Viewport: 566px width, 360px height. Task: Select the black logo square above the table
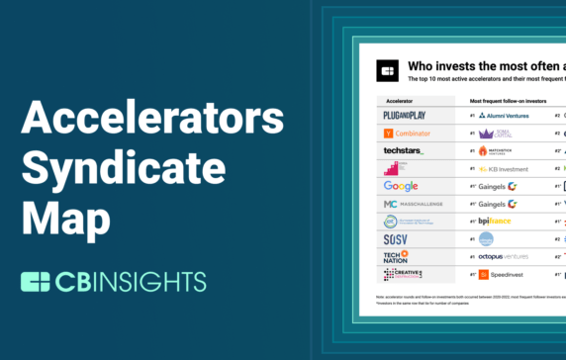click(x=387, y=71)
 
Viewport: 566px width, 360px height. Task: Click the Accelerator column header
click(x=397, y=102)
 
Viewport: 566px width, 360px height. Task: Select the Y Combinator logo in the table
click(x=402, y=134)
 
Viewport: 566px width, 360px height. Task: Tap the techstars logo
click(x=403, y=150)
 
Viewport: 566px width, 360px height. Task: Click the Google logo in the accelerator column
click(x=401, y=186)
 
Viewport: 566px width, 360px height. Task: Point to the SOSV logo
click(x=396, y=238)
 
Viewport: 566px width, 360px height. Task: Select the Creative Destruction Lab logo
click(x=403, y=274)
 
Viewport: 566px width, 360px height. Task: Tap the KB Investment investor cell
click(x=506, y=169)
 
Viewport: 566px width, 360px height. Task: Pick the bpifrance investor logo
click(x=500, y=221)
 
